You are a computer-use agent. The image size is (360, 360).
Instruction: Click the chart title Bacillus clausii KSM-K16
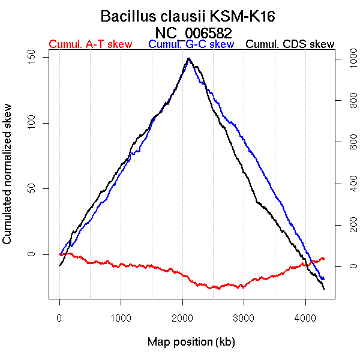pyautogui.click(x=188, y=16)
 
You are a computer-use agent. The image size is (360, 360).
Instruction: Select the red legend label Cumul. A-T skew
pyautogui.click(x=90, y=44)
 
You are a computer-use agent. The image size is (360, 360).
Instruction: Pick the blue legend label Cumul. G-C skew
pyautogui.click(x=191, y=44)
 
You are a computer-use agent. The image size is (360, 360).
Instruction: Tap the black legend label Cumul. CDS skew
pyautogui.click(x=290, y=44)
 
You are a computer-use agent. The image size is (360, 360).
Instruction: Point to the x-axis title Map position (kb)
pyautogui.click(x=191, y=342)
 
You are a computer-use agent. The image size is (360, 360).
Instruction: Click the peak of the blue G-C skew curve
pyautogui.click(x=189, y=59)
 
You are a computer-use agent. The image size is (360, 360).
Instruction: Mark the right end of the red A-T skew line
pyautogui.click(x=324, y=259)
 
